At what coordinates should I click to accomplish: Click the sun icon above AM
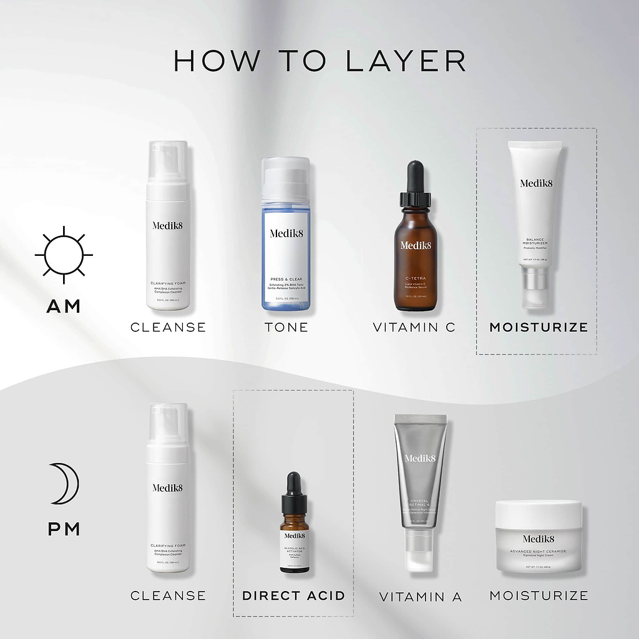(x=64, y=255)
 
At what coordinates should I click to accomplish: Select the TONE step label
(x=286, y=327)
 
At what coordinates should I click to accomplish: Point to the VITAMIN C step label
(x=414, y=327)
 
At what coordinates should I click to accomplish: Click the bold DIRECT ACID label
(x=293, y=595)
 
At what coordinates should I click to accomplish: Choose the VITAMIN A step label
(x=421, y=597)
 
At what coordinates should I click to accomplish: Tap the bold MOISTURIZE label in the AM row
(x=539, y=327)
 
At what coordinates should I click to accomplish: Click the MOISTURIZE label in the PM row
(x=539, y=595)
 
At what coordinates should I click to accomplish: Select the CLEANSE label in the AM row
(x=168, y=327)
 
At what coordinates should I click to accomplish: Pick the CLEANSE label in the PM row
(x=168, y=595)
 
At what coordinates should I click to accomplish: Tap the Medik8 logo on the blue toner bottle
(x=285, y=233)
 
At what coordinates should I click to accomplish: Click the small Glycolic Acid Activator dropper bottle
(x=295, y=530)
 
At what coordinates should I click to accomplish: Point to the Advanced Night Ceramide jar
(x=538, y=538)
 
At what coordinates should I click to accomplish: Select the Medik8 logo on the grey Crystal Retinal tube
(x=420, y=459)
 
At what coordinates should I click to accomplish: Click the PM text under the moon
(x=64, y=529)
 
